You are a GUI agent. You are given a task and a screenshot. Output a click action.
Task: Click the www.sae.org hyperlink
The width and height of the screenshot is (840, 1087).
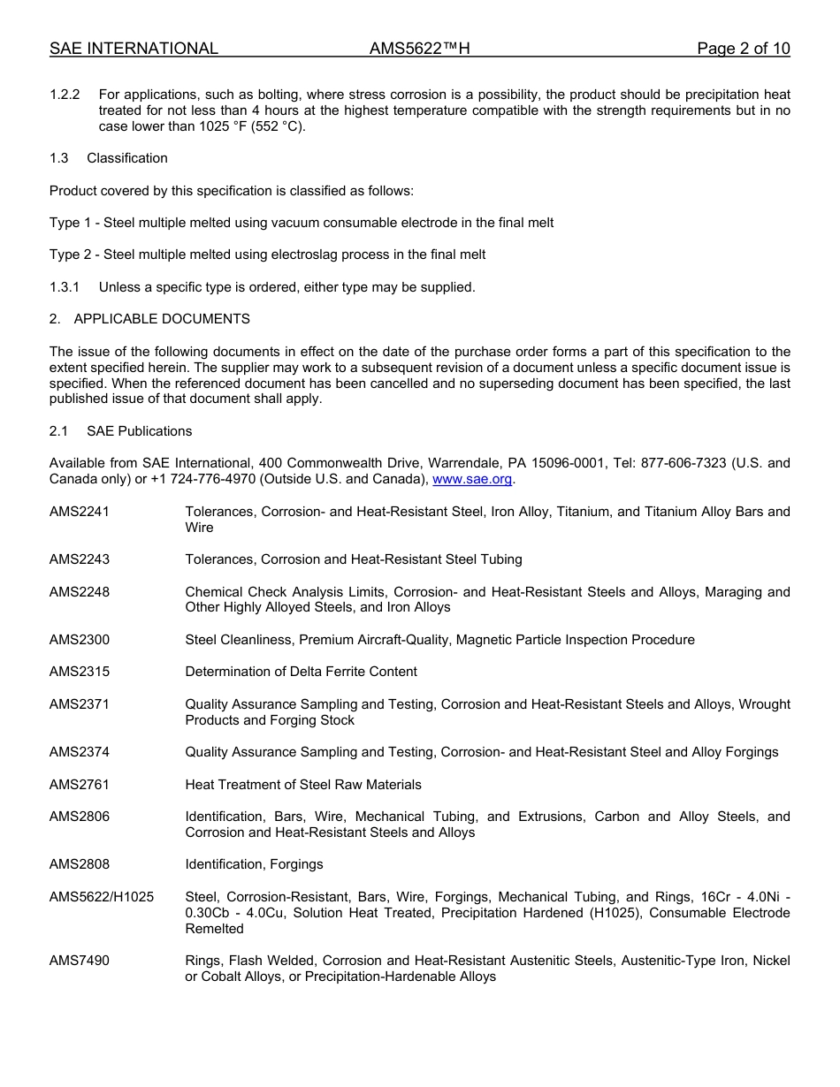(472, 479)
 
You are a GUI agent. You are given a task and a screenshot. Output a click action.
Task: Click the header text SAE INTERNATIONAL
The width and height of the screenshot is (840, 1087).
(134, 49)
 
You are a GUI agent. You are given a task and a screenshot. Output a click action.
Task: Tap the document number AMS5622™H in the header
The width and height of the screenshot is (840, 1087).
(419, 49)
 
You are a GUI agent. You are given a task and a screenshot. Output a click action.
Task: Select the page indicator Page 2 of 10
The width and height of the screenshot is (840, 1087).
(743, 49)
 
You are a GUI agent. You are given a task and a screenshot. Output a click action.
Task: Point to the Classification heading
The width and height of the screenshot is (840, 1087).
(126, 158)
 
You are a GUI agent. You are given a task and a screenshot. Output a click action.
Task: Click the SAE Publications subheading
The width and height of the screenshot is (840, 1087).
(139, 431)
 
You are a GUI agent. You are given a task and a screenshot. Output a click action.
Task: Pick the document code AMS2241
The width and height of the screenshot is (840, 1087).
(80, 512)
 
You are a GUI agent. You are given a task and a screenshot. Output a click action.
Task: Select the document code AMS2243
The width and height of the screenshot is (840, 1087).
(80, 559)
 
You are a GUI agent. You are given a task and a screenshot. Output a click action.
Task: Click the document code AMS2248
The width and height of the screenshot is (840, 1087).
(80, 592)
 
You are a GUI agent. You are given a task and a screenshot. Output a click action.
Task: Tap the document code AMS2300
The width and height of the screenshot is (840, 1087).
(80, 640)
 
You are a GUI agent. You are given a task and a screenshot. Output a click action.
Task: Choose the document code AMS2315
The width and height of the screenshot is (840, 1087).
(80, 672)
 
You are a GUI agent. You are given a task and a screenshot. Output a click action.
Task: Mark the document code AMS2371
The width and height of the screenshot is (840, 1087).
(80, 704)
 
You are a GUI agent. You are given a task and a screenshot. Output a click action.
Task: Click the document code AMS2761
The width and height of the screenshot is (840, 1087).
(80, 785)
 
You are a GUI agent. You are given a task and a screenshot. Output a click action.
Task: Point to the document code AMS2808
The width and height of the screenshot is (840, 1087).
(80, 864)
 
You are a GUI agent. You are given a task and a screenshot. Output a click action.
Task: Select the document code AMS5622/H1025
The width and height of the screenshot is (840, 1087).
(102, 897)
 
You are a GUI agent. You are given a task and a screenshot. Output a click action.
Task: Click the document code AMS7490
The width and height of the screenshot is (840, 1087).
(80, 961)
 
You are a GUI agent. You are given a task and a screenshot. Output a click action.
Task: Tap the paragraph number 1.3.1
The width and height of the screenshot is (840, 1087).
(65, 287)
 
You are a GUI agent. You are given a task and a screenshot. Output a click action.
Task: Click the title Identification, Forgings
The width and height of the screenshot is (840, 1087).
(254, 864)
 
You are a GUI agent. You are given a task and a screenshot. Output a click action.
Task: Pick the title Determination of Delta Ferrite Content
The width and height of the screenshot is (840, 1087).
(301, 672)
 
